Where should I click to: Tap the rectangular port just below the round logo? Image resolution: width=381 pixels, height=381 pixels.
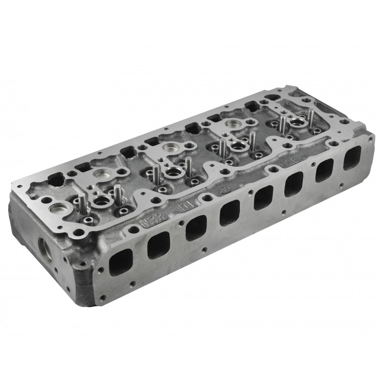pyautogui.click(x=230, y=213)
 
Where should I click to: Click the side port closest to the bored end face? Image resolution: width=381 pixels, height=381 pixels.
pyautogui.click(x=121, y=262)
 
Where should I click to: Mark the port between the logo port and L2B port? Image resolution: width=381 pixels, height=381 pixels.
pyautogui.click(x=263, y=198)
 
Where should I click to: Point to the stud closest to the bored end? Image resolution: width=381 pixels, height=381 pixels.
pyautogui.click(x=80, y=203)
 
